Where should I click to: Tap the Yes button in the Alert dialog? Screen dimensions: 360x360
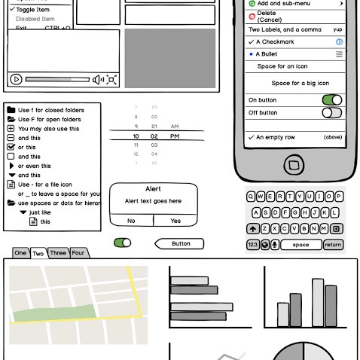pyautogui.click(x=175, y=221)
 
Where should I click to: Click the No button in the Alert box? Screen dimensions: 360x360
pyautogui.click(x=131, y=221)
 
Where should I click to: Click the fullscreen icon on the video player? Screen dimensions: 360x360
pyautogui.click(x=111, y=79)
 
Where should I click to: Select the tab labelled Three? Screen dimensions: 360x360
pyautogui.click(x=58, y=253)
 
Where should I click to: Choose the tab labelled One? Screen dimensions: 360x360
pyautogui.click(x=20, y=253)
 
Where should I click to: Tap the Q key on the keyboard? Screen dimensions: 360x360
pyautogui.click(x=251, y=197)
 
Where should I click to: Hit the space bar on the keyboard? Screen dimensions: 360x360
pyautogui.click(x=301, y=245)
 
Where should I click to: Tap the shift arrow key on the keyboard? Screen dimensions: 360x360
pyautogui.click(x=252, y=229)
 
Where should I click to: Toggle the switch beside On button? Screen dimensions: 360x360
pyautogui.click(x=331, y=99)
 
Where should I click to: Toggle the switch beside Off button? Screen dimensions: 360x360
pyautogui.click(x=331, y=113)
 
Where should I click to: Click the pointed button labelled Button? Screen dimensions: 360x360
pyautogui.click(x=180, y=243)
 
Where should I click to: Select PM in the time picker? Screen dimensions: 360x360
pyautogui.click(x=175, y=136)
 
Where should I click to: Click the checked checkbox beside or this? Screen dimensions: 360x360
pyautogui.click(x=11, y=148)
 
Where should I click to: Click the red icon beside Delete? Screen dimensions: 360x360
pyautogui.click(x=252, y=16)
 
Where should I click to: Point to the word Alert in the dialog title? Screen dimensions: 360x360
pyautogui.click(x=154, y=190)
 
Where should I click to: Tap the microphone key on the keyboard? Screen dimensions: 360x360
pyautogui.click(x=274, y=245)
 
